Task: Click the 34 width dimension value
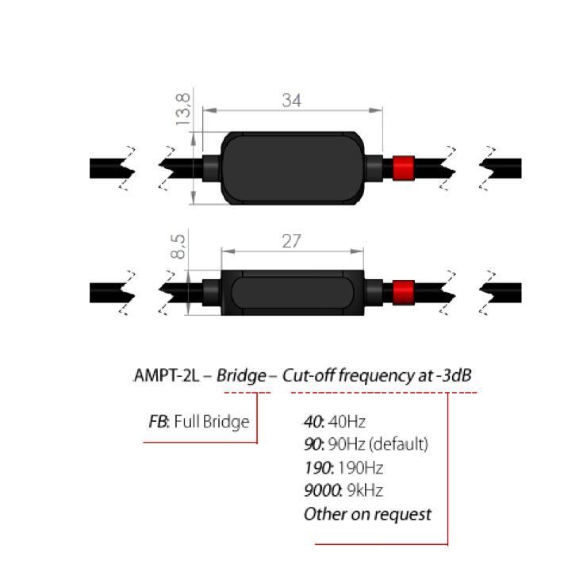tap(293, 101)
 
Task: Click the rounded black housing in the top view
tap(293, 167)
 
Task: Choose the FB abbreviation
tap(158, 420)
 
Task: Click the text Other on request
tap(367, 514)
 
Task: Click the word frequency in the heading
tap(372, 376)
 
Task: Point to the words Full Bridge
tap(214, 420)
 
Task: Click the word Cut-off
tap(309, 376)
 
